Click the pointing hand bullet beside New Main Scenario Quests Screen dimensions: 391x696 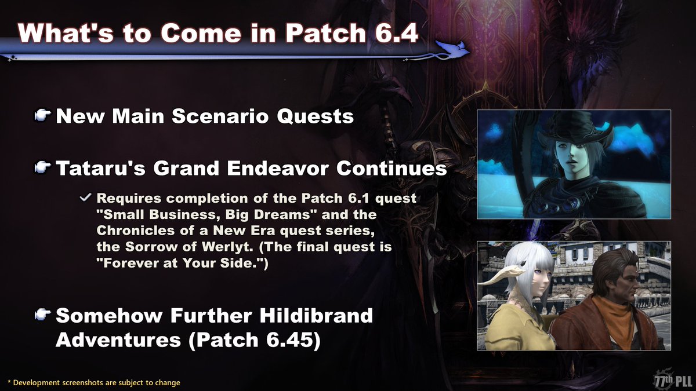(x=42, y=116)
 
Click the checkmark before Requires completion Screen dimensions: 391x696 (x=85, y=198)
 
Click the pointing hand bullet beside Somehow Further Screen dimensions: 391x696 (x=42, y=315)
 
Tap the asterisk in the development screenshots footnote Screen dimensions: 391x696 (x=9, y=383)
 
